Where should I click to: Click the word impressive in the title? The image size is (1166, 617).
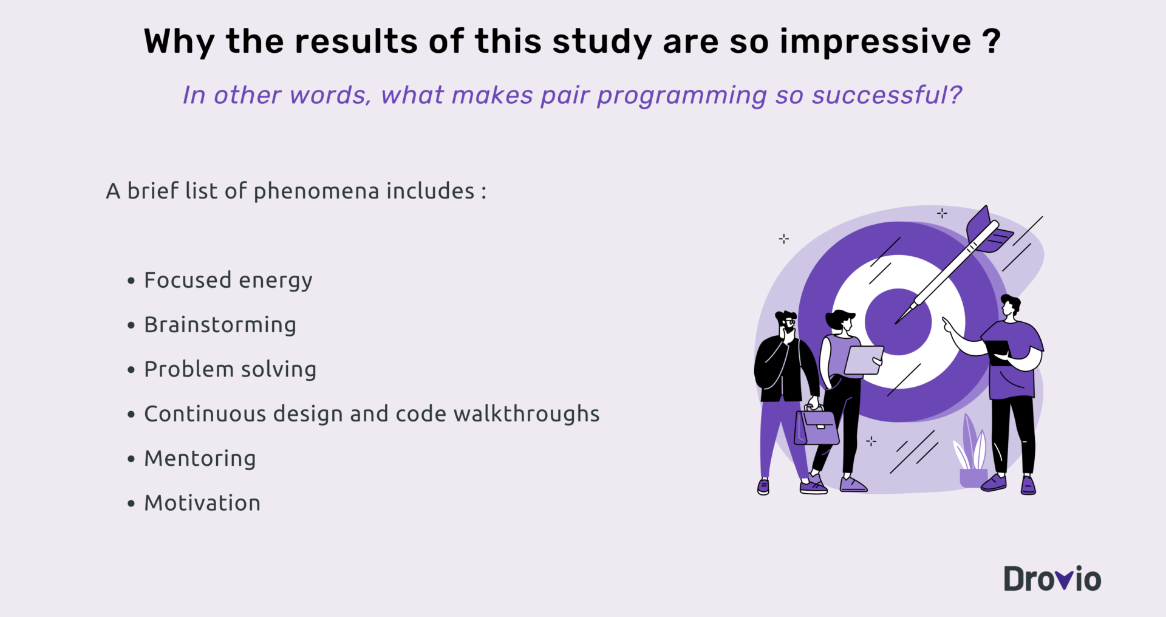875,42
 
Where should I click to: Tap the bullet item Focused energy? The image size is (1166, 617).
228,281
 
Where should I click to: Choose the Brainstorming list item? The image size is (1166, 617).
220,326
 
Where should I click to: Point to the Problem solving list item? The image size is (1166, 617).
230,370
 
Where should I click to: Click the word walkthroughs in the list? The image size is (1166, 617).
527,414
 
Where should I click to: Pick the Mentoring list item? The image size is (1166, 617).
200,459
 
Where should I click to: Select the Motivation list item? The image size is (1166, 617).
202,503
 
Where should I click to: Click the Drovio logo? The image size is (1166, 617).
1052,579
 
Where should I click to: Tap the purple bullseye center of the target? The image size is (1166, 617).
898,322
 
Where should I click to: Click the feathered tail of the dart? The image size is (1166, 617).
986,230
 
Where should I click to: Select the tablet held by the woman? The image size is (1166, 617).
863,360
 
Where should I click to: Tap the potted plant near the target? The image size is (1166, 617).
973,452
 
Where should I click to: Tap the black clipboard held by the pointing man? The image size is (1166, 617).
998,352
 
